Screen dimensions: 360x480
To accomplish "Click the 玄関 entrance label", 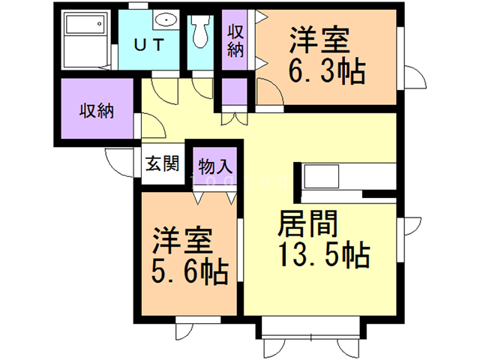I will (161, 163).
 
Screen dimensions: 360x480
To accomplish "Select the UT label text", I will (151, 43).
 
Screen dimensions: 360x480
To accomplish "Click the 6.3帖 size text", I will (327, 73).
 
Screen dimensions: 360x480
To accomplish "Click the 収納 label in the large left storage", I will (97, 112).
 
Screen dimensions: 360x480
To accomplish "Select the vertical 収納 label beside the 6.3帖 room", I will (235, 42).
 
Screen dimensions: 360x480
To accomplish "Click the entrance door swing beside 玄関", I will (118, 160).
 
